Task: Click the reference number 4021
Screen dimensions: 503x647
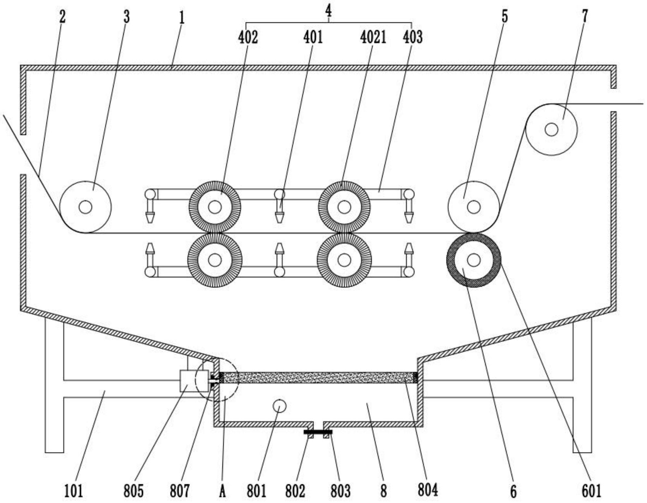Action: (x=373, y=37)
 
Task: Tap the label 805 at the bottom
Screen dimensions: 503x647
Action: (x=133, y=490)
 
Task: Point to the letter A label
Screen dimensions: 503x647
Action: (x=222, y=490)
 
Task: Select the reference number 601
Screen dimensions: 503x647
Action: (x=591, y=490)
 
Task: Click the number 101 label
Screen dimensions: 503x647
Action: (x=74, y=490)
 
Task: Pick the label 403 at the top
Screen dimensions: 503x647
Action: (x=412, y=37)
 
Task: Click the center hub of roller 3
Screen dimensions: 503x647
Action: (x=85, y=207)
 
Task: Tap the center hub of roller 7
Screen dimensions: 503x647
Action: (x=551, y=129)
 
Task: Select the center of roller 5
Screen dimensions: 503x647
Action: (x=474, y=207)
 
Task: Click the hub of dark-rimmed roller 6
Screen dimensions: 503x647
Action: (x=474, y=260)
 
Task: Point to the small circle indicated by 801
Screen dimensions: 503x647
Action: (x=279, y=406)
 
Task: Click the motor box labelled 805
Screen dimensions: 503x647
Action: (x=189, y=381)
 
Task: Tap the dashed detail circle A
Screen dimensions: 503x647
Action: (x=217, y=380)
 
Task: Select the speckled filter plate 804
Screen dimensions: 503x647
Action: (x=319, y=378)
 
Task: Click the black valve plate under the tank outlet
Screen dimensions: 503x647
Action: (x=318, y=432)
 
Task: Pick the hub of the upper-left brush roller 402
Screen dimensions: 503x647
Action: (x=215, y=207)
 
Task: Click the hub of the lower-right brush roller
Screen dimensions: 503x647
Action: (x=344, y=260)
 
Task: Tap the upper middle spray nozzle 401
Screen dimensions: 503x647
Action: (x=279, y=208)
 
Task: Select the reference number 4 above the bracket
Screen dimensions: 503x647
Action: (x=329, y=11)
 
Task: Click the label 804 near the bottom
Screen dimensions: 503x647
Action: (x=428, y=490)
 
